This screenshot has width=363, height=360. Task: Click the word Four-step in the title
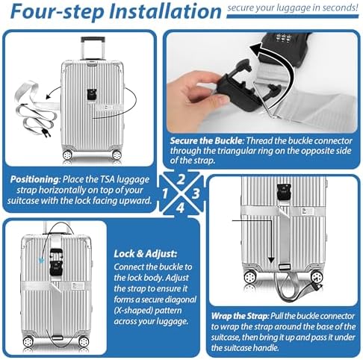(x=58, y=11)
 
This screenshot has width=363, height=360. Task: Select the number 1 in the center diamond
(x=165, y=193)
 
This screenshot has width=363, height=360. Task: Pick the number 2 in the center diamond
(x=181, y=179)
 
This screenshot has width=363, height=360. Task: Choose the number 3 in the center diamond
(x=196, y=193)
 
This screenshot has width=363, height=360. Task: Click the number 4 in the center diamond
(x=181, y=208)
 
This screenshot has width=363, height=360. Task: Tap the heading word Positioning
(x=34, y=179)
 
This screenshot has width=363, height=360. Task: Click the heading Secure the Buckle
(x=206, y=141)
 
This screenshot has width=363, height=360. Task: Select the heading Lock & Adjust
(x=146, y=254)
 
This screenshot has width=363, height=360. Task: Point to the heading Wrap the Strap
(x=240, y=316)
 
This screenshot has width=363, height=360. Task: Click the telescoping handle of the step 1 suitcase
(x=93, y=49)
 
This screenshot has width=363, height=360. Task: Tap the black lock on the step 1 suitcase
(x=92, y=95)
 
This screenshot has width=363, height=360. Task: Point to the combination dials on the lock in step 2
(x=282, y=38)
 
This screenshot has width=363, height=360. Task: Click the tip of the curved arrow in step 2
(x=250, y=49)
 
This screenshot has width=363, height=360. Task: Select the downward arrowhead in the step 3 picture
(x=271, y=261)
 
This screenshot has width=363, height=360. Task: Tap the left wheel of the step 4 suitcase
(x=28, y=341)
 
